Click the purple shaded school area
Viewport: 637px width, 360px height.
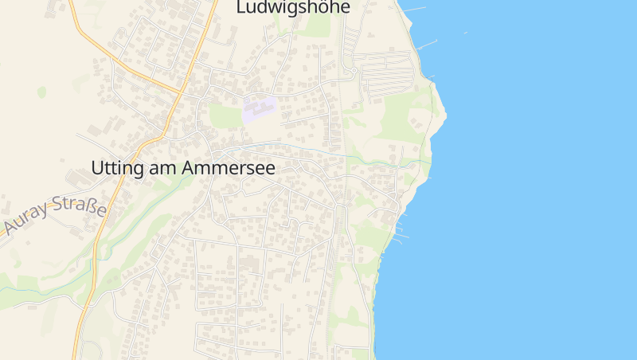[260, 109]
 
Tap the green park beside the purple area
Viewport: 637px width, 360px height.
[225, 116]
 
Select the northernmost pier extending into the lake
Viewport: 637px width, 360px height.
[415, 10]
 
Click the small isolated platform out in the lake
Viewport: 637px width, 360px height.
[465, 33]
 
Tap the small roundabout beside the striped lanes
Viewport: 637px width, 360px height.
[353, 71]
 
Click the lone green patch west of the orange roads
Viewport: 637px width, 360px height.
[41, 92]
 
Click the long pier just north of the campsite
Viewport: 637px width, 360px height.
[428, 43]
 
